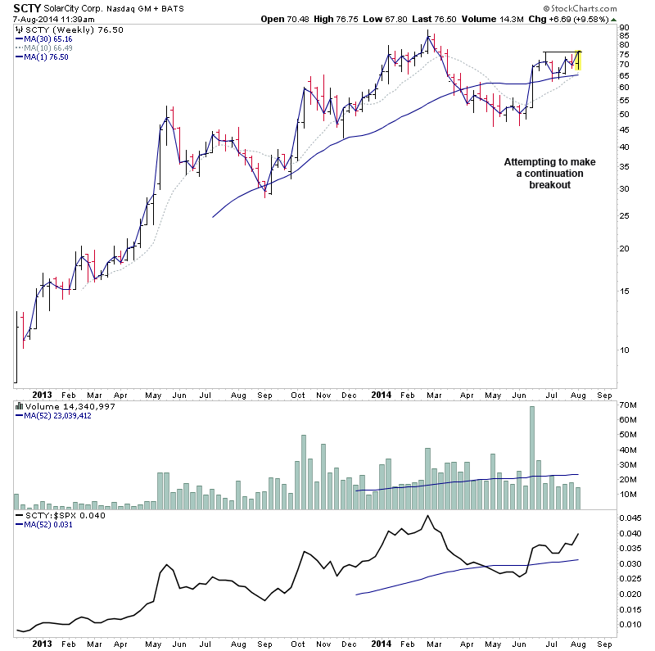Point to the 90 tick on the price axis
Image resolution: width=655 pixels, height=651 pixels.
pos(625,26)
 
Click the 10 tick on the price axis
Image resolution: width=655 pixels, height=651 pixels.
pos(625,350)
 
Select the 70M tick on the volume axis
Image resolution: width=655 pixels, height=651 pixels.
pos(628,405)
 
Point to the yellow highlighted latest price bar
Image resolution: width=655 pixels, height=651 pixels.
pos(580,60)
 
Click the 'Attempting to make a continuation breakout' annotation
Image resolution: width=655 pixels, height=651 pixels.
pos(549,174)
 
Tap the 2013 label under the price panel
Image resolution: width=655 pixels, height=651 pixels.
pos(42,393)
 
